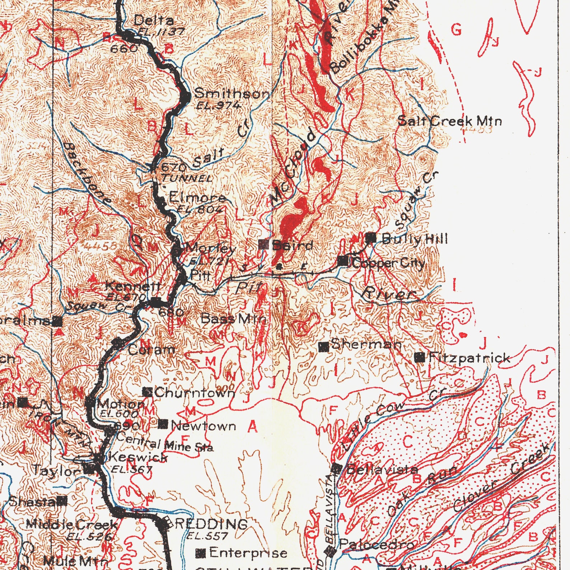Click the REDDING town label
(x=211, y=524)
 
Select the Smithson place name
(x=231, y=94)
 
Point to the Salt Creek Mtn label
(x=449, y=121)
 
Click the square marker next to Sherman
(x=324, y=347)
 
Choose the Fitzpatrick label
(x=469, y=358)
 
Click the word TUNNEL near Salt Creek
(x=186, y=178)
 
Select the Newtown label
(x=204, y=426)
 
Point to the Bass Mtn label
(x=233, y=319)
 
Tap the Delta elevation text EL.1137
(x=161, y=32)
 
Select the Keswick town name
(x=138, y=457)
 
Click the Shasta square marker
(x=63, y=501)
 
